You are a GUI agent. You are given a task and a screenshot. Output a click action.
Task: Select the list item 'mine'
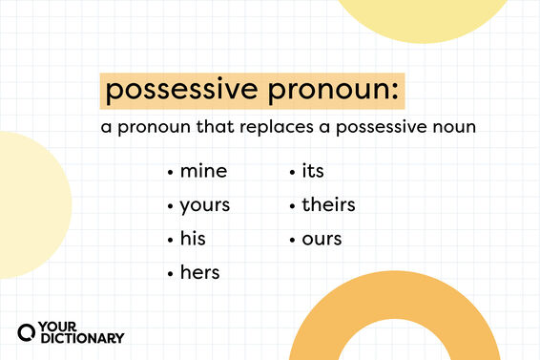click(x=204, y=172)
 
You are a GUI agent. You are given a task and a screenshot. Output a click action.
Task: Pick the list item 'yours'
click(x=205, y=204)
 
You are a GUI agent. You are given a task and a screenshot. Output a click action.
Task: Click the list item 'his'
click(x=193, y=238)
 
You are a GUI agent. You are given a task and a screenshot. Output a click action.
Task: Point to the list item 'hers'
click(x=199, y=272)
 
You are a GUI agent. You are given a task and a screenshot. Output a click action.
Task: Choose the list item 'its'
click(x=313, y=172)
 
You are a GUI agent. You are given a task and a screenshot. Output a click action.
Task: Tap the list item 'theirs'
click(x=328, y=204)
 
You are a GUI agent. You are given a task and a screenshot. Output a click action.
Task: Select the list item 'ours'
click(x=322, y=238)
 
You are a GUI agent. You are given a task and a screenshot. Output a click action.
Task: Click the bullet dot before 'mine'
click(x=170, y=173)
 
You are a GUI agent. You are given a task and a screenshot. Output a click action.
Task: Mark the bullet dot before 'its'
click(x=292, y=173)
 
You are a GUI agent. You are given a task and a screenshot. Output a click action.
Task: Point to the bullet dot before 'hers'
click(x=170, y=273)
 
